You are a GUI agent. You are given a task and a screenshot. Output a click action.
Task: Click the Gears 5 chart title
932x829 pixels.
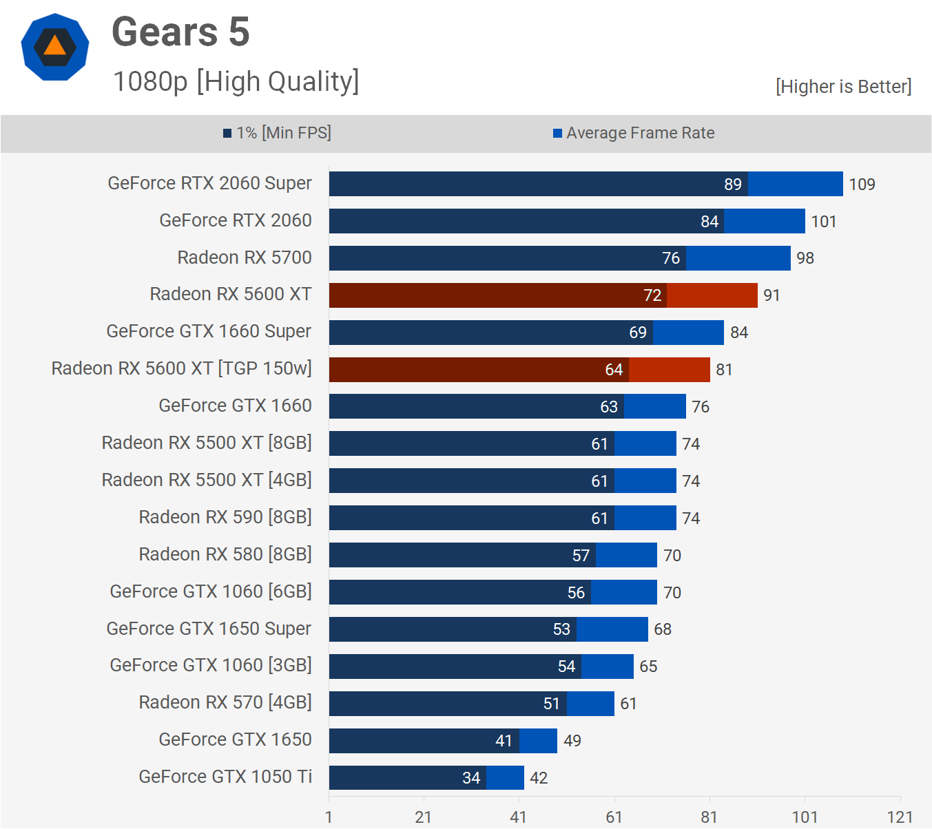[180, 32]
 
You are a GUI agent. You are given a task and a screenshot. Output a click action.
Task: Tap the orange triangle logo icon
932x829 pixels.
[54, 47]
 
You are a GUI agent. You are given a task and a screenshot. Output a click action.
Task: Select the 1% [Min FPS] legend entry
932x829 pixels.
[277, 133]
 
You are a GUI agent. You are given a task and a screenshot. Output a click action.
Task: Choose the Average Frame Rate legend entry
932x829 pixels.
[634, 133]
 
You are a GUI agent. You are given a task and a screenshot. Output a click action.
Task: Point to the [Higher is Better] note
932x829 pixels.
[843, 87]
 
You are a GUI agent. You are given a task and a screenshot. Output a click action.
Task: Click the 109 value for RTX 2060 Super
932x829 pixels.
[862, 185]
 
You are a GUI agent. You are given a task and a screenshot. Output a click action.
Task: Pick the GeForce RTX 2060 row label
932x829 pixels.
[236, 220]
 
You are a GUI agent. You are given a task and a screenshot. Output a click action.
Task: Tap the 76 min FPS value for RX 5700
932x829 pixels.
[671, 258]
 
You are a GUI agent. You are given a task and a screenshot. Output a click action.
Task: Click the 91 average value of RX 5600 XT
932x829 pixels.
[772, 295]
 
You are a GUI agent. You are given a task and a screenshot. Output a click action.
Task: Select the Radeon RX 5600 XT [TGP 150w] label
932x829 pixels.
[181, 368]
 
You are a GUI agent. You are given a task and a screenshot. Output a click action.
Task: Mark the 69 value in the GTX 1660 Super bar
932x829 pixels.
[638, 333]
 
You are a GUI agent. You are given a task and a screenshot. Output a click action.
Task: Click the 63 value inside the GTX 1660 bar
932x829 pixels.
[609, 407]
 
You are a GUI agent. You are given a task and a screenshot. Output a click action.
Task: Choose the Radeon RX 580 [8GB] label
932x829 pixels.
[225, 554]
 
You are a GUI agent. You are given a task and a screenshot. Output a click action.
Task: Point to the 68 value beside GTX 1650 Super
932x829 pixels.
[663, 629]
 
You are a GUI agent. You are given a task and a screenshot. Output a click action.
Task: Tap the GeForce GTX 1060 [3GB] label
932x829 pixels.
[211, 665]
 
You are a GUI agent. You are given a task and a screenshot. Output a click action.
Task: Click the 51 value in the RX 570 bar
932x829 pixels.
[552, 704]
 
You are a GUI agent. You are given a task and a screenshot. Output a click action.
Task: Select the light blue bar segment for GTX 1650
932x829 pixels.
[538, 741]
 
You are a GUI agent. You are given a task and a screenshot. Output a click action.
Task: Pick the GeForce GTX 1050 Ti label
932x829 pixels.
[225, 777]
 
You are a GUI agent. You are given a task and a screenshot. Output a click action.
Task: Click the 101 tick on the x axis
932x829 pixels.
[805, 817]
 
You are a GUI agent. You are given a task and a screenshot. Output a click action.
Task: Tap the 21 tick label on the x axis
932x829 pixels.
[423, 817]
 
